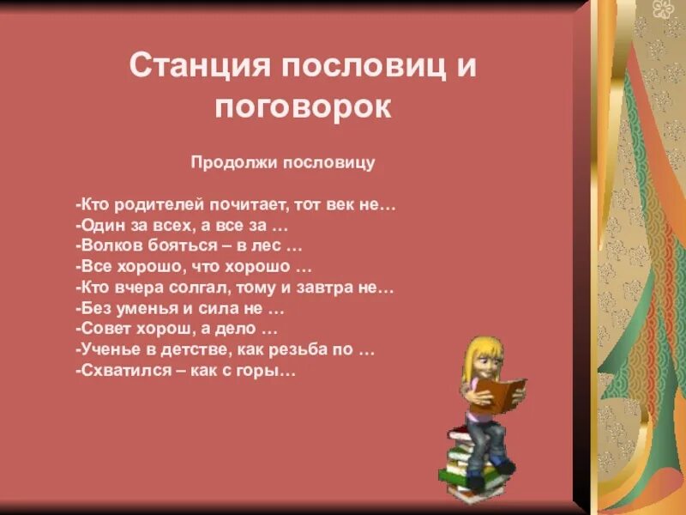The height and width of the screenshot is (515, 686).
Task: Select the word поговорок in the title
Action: [303, 107]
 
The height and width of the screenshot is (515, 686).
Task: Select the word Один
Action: [97, 227]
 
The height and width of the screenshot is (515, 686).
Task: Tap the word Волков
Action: [104, 246]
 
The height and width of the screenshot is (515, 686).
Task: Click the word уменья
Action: [143, 308]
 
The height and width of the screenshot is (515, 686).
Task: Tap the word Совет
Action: [101, 329]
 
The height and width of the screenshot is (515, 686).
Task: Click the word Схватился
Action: [117, 371]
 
